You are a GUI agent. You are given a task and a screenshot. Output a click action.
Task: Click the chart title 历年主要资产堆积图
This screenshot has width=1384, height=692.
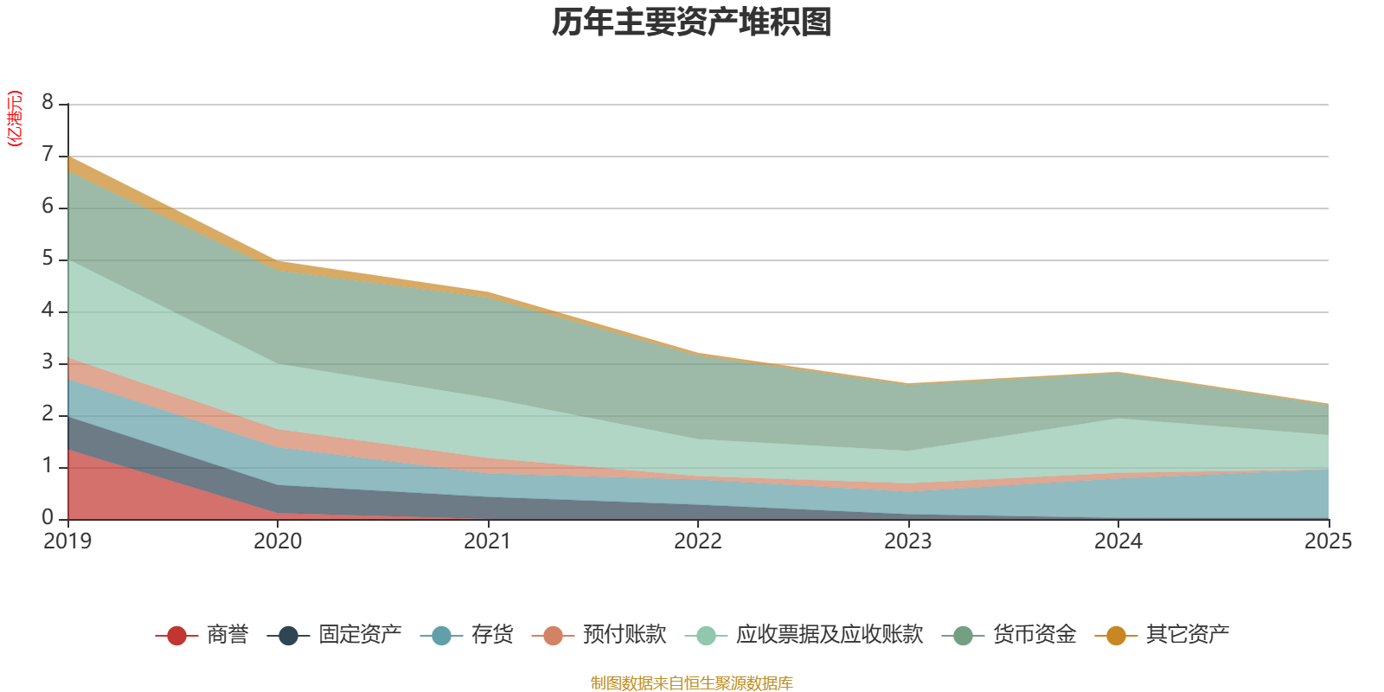(692, 22)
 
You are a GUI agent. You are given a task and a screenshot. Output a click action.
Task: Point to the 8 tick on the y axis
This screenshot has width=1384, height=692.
(48, 103)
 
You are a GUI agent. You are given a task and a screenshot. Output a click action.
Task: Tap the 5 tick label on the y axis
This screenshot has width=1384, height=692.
(48, 259)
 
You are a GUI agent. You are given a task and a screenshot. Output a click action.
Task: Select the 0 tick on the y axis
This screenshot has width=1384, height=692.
(48, 517)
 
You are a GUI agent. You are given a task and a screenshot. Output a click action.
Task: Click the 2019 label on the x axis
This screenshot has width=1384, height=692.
(67, 541)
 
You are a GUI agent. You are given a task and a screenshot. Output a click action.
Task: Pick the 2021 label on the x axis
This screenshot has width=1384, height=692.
(488, 541)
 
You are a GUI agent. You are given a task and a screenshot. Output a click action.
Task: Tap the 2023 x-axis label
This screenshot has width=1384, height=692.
(908, 541)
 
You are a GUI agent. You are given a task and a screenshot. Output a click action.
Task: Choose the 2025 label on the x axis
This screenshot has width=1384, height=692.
(1327, 541)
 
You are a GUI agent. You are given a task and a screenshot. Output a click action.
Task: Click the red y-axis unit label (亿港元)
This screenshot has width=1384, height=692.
(15, 119)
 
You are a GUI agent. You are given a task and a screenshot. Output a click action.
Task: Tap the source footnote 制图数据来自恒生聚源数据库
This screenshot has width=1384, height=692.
(692, 683)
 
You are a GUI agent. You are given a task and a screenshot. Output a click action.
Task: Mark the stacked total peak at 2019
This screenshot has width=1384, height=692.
(68, 157)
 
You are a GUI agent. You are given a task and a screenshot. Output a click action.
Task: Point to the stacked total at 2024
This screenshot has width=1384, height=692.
(1118, 372)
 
